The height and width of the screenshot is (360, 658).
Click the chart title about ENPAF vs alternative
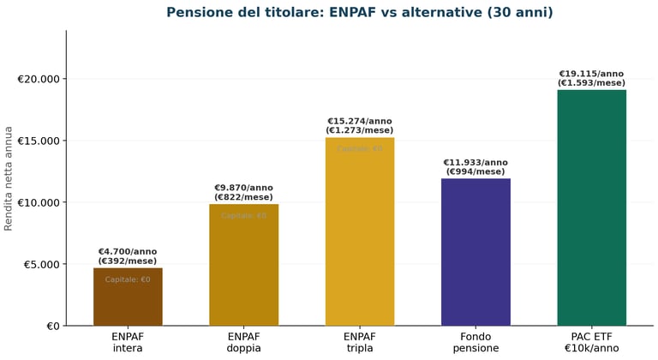(360, 13)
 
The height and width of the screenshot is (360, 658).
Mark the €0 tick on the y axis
(51, 326)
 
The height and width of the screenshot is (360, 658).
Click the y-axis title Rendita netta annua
(9, 178)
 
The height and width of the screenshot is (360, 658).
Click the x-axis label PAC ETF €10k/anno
(591, 343)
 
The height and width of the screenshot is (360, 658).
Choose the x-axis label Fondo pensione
(476, 343)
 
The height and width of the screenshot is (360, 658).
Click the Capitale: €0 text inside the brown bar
(128, 279)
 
